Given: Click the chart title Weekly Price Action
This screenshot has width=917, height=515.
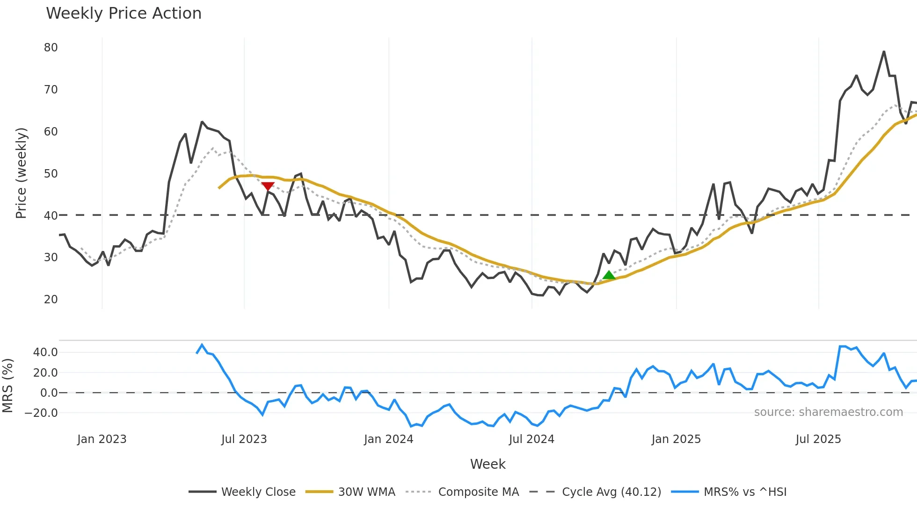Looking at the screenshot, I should click(x=124, y=14).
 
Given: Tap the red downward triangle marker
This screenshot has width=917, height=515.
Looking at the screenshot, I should click(x=268, y=186).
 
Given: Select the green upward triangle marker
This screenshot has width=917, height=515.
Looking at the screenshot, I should click(x=609, y=275).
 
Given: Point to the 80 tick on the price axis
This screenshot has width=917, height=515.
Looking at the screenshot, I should click(x=51, y=48).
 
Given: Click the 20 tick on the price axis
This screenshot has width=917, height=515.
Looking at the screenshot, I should click(x=51, y=300).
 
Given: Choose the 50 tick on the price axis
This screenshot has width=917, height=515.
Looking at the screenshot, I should click(x=51, y=174).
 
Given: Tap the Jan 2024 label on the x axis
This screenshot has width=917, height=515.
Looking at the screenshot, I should click(x=388, y=439).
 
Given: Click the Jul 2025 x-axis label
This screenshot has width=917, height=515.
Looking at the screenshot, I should click(x=818, y=439).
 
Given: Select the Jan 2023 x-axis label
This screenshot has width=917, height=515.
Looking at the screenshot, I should click(x=102, y=439).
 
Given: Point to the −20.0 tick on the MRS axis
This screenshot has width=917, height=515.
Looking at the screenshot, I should click(x=41, y=413).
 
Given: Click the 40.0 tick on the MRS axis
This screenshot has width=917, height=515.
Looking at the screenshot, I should click(x=45, y=352).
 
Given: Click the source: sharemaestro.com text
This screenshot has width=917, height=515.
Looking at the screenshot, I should click(x=828, y=412).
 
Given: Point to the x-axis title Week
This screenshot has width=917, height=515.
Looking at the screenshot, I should click(x=488, y=464).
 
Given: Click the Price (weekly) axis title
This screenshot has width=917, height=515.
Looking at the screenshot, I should click(x=21, y=173).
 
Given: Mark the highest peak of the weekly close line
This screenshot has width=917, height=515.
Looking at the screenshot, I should click(x=884, y=51).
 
